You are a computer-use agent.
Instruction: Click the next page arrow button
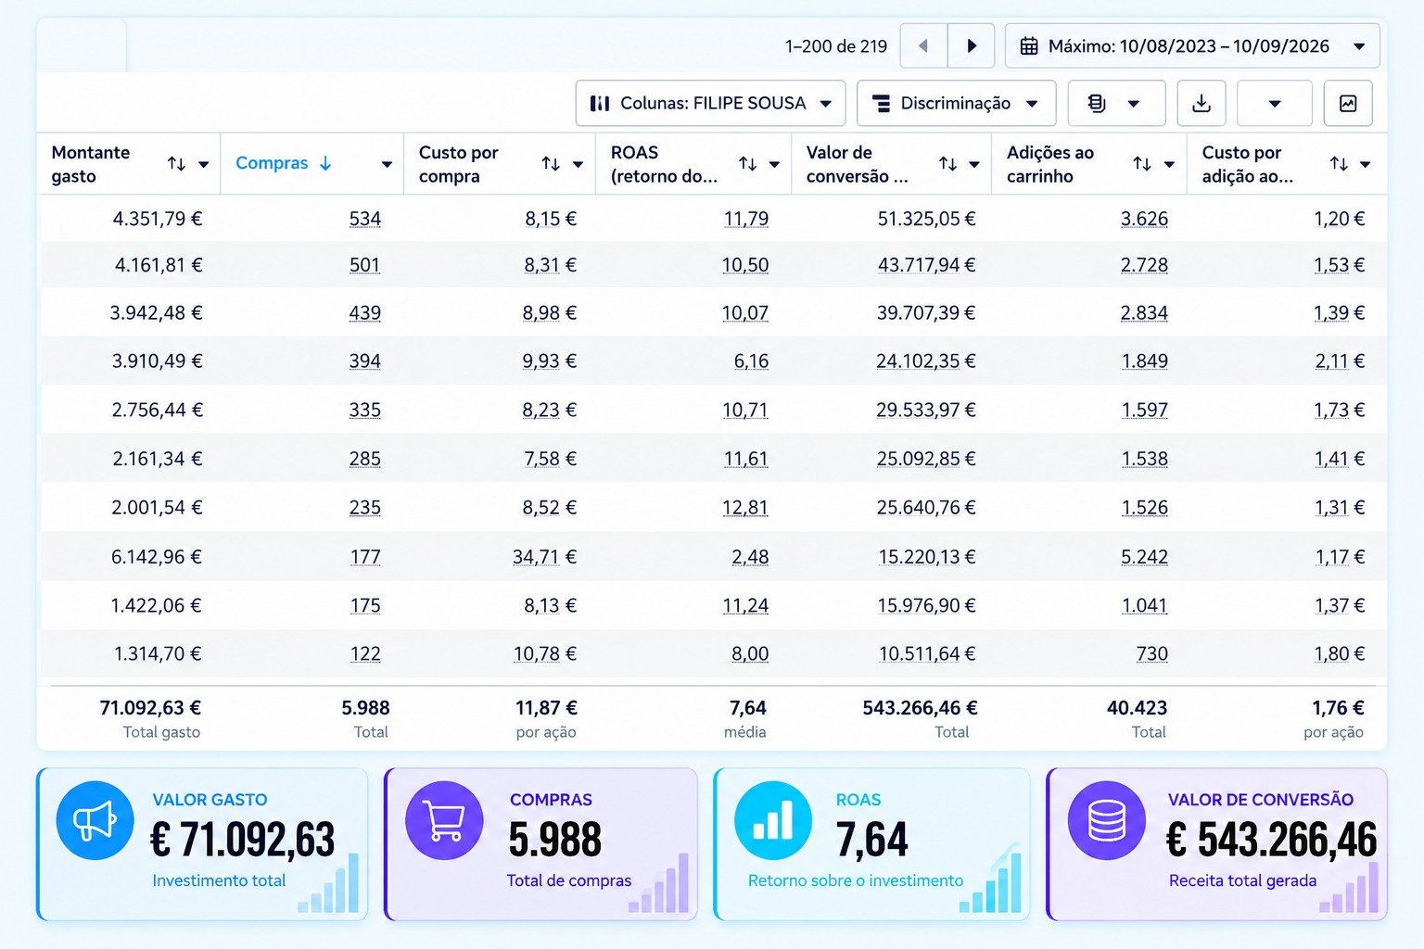(971, 45)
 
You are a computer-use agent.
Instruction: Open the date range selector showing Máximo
(1192, 45)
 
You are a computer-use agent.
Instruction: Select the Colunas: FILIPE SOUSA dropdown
(710, 103)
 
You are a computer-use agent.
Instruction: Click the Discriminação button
(956, 103)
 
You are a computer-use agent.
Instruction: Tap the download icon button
(1201, 103)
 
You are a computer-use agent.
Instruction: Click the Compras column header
(272, 163)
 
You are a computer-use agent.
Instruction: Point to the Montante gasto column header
(90, 164)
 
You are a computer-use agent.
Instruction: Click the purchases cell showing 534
(365, 219)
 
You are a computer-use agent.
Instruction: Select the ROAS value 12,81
(745, 507)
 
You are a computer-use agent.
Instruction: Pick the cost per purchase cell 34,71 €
(545, 557)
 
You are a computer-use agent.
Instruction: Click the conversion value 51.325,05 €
(926, 219)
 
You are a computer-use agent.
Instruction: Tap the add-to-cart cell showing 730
(1152, 653)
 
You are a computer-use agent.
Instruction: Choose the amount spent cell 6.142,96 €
(157, 557)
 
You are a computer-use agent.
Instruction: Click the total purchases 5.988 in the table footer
(365, 707)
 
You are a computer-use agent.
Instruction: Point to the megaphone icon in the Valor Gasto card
(95, 820)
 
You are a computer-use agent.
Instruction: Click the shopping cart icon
(444, 820)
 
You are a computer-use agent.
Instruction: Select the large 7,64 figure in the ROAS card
(871, 840)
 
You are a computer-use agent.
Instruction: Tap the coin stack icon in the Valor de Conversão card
(1107, 820)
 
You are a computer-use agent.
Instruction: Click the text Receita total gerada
(1243, 880)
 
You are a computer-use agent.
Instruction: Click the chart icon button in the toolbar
(1348, 103)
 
